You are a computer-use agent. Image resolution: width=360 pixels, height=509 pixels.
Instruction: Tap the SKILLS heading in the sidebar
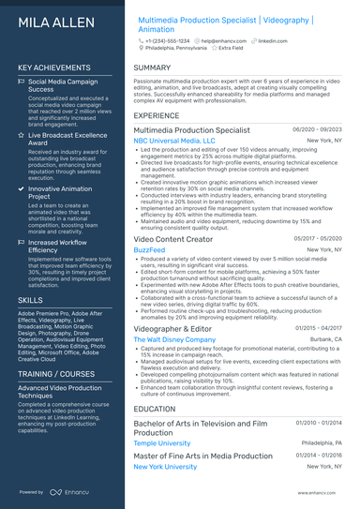point(30,299)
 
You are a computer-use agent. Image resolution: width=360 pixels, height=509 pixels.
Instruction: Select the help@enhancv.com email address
point(217,41)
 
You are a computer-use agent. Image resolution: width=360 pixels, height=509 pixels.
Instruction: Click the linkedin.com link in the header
point(273,41)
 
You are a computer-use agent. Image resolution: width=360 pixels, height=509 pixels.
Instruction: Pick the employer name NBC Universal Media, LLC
point(174,140)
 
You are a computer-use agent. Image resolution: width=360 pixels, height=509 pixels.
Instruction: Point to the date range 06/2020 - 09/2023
point(318,129)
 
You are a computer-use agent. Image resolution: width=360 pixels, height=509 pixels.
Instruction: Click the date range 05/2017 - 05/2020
point(318,239)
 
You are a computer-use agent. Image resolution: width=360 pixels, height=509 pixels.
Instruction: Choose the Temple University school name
point(162,443)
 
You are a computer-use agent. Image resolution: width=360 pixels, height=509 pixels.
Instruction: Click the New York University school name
point(165,466)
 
